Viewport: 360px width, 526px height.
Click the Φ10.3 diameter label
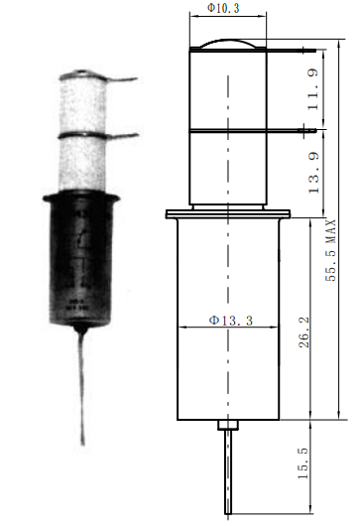pos(223,8)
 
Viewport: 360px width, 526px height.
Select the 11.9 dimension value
pos(314,89)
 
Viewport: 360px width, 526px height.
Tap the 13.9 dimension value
pos(314,173)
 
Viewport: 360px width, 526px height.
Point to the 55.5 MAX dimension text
pos(330,250)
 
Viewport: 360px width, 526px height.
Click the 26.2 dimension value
pos(304,331)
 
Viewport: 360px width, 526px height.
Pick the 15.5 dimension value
pos(303,462)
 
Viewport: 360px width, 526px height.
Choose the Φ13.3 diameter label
pos(231,321)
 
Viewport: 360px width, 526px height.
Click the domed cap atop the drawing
pos(228,43)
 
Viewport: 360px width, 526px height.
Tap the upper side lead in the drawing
pos(291,51)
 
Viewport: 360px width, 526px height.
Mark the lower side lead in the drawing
pos(291,130)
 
